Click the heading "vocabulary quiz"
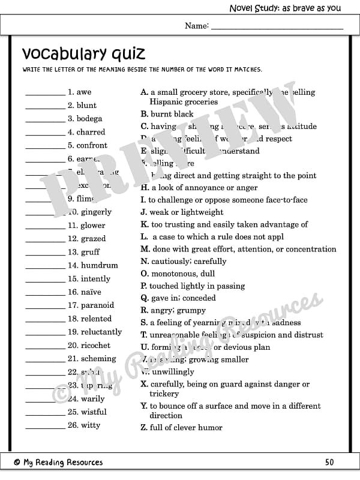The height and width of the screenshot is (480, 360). pos(83,54)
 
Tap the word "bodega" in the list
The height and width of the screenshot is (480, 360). pos(89,119)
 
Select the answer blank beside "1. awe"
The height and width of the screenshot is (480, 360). pos(45,94)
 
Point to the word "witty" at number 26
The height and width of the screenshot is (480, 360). pos(91,425)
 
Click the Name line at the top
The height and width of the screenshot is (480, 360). pos(277,27)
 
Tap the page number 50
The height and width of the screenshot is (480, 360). pos(329,462)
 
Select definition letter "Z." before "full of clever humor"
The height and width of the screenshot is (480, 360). pos(144,428)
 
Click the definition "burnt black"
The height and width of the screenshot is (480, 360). pos(172,114)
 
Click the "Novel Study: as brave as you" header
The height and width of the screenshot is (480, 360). pos(285,8)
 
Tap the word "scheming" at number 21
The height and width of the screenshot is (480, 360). pos(98,359)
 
